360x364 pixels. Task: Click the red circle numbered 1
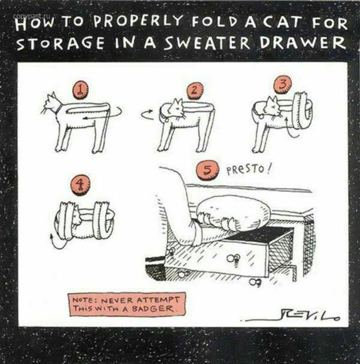(80, 91)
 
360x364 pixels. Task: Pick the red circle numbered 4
(80, 185)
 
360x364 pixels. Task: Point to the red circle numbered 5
(208, 171)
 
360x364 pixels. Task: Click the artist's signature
(290, 316)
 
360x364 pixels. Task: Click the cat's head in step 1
(52, 103)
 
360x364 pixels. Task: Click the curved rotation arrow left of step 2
(147, 114)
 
